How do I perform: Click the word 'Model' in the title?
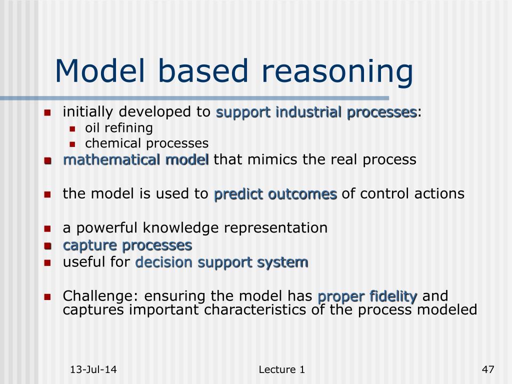pos(100,71)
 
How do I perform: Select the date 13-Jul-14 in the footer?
pos(93,369)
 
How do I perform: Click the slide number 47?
pos(488,369)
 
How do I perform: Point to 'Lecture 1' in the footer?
pos(282,369)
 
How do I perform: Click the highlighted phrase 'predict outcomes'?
pos(275,194)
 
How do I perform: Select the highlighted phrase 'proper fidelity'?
pos(367,296)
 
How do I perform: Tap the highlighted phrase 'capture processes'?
pos(127,245)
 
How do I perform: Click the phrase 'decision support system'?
pos(221,262)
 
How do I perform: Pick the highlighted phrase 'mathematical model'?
pos(136,160)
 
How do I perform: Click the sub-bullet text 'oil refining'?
pos(119,127)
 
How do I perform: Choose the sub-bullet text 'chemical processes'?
pos(146,143)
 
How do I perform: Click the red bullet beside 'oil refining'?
pos(72,129)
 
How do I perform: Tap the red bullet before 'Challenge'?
pos(47,297)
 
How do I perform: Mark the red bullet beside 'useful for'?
pos(47,263)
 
